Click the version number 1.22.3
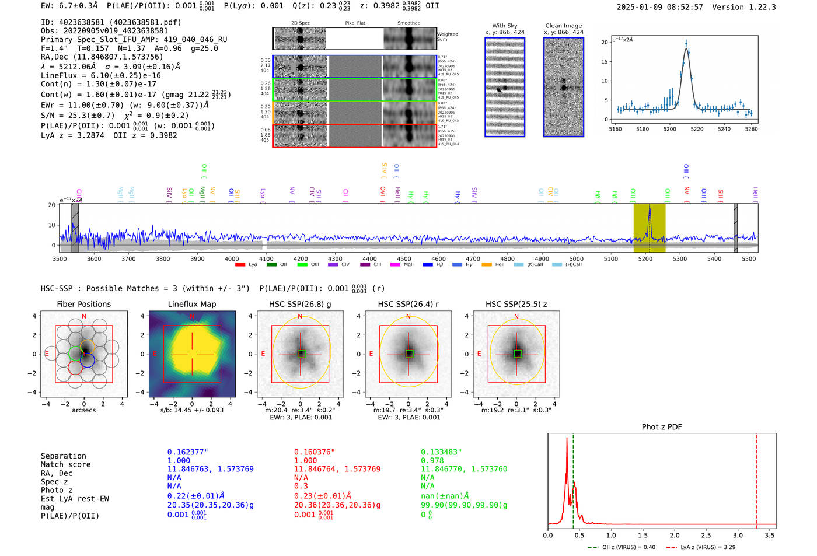pyautogui.click(x=757, y=7)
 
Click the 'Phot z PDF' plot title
pyautogui.click(x=662, y=427)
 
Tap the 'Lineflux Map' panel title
pyautogui.click(x=192, y=304)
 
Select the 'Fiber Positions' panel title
pyautogui.click(x=83, y=304)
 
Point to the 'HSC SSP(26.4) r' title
pyautogui.click(x=408, y=304)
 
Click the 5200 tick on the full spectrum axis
pyautogui.click(x=645, y=259)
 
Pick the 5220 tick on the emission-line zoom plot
pyautogui.click(x=697, y=129)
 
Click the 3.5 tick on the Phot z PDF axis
pyautogui.click(x=770, y=535)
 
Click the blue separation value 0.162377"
pyautogui.click(x=187, y=452)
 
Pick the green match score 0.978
pyautogui.click(x=432, y=460)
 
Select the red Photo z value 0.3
pyautogui.click(x=301, y=486)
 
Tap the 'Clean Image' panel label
pyautogui.click(x=563, y=26)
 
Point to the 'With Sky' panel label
pyautogui.click(x=505, y=26)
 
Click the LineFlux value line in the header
pyautogui.click(x=101, y=75)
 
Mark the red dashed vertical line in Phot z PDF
pyautogui.click(x=756, y=478)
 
